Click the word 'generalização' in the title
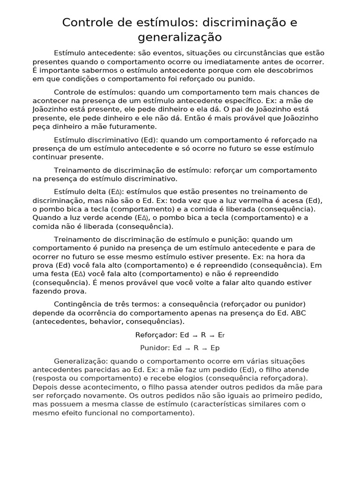coord(180,37)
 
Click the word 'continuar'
coord(49,157)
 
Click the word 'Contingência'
coord(76,304)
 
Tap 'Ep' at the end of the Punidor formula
coord(215,348)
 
